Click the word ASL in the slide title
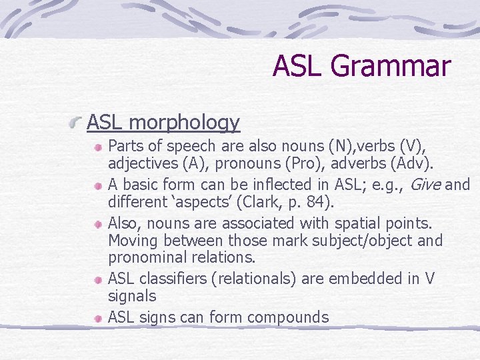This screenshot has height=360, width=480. (299, 67)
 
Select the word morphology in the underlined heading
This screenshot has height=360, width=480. (185, 123)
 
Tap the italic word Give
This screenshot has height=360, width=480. (425, 185)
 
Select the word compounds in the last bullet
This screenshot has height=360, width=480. (288, 317)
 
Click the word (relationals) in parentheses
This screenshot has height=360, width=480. (254, 279)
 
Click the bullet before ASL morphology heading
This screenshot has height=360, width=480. (78, 123)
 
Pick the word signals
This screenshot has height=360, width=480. (132, 297)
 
